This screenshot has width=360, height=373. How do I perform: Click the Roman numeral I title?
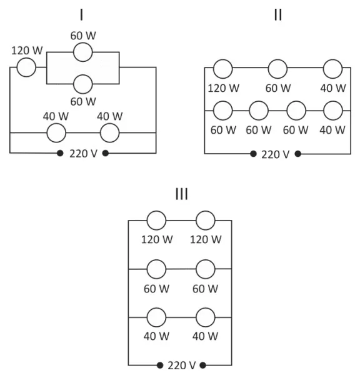(82, 15)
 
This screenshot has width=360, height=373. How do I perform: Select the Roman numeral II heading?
(278, 15)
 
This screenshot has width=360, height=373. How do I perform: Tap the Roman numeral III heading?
(181, 194)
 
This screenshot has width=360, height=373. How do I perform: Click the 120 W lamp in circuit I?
(26, 67)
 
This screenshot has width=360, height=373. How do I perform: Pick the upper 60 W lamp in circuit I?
(82, 52)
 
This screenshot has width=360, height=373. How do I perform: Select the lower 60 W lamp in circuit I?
(82, 84)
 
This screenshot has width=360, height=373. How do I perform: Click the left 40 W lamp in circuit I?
(56, 132)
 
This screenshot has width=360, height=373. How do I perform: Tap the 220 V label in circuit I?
(83, 154)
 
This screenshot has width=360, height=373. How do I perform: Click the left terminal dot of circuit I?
(60, 153)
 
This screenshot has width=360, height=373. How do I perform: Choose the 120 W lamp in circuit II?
(223, 69)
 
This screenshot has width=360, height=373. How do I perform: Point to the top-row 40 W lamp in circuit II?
(333, 69)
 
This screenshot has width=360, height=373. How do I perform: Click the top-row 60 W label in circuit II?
(278, 88)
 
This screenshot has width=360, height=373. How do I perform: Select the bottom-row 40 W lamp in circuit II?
(333, 111)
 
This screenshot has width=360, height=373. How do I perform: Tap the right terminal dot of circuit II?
(298, 154)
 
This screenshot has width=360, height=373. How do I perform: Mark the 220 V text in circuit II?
(275, 154)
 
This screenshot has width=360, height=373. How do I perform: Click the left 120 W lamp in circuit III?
(156, 221)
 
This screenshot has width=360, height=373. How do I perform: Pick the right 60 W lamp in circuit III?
(206, 269)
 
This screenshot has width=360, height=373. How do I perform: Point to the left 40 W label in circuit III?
(156, 336)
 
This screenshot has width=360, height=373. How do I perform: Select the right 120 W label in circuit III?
(206, 239)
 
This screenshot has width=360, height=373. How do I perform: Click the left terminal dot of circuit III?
(160, 365)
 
